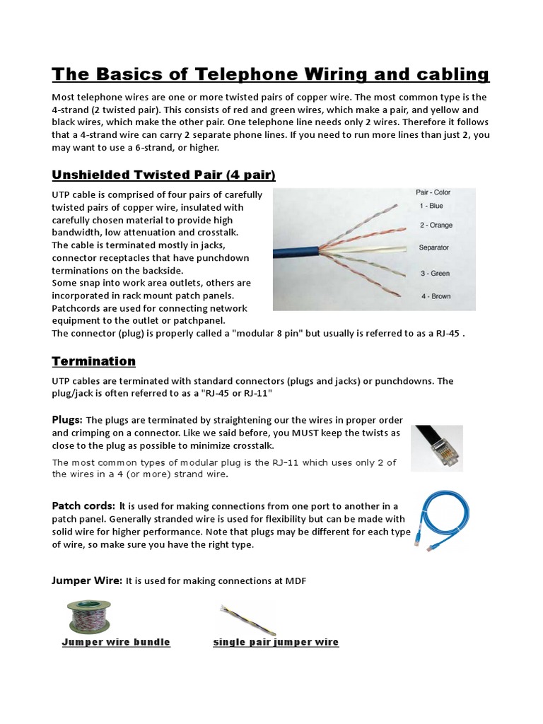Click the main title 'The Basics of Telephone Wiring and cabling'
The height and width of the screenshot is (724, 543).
click(271, 74)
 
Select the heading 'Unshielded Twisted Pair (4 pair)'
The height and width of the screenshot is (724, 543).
click(163, 174)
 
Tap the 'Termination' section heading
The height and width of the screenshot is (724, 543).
click(94, 361)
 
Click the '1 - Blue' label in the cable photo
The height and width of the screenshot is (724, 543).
click(431, 206)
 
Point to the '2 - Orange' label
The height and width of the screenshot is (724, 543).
click(436, 226)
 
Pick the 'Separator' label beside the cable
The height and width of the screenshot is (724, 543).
click(434, 248)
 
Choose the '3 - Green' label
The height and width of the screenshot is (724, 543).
click(435, 273)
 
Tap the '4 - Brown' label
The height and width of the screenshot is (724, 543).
click(435, 296)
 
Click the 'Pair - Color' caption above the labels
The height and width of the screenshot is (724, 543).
click(433, 192)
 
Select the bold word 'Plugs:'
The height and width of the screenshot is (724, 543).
click(67, 419)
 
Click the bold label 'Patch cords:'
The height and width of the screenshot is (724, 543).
click(83, 506)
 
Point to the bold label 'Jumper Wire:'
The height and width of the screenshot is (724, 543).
click(87, 580)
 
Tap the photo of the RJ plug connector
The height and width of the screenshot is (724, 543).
click(437, 448)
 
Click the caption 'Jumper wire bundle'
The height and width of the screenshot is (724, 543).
click(116, 642)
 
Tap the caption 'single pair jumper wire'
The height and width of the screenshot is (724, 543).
click(276, 642)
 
